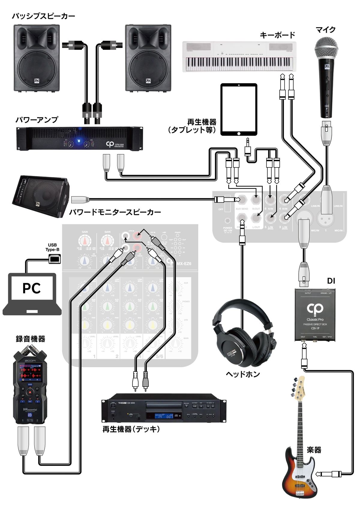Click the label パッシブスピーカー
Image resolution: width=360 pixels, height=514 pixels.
[x=44, y=16]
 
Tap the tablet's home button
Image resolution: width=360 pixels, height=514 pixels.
[x=239, y=133]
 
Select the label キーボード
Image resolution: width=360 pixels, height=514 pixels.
[x=277, y=35]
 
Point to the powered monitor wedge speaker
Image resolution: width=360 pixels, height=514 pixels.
[x=40, y=197]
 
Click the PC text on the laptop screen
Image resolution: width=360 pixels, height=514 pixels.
[x=32, y=288]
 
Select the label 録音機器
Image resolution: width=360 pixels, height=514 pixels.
[x=30, y=339]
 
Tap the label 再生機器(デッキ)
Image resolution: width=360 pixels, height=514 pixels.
[x=131, y=429]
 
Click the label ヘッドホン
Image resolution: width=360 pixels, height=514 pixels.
[x=242, y=374]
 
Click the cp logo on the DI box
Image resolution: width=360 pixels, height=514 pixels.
[x=315, y=308]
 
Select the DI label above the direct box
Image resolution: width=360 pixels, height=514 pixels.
[x=331, y=281]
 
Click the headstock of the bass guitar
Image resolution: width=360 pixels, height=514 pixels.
[x=299, y=389]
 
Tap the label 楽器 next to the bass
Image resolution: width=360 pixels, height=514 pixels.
[x=314, y=450]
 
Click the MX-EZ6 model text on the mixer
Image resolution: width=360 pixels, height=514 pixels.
[x=184, y=264]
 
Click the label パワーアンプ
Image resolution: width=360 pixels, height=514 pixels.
[x=37, y=120]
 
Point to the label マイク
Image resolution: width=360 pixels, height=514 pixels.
[x=325, y=30]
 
